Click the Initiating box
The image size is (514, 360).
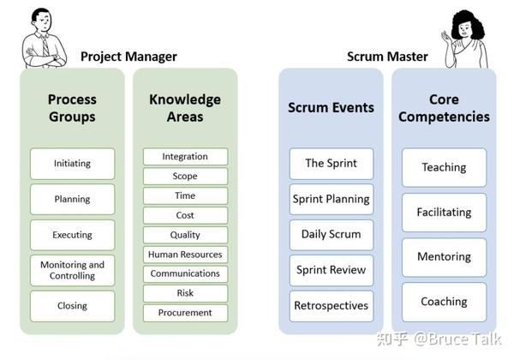[72, 163]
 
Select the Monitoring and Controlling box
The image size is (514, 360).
[72, 270]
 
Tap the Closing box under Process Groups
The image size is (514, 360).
[72, 306]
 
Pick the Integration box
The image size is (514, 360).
[185, 157]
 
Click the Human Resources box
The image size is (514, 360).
[185, 255]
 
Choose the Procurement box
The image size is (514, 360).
[185, 313]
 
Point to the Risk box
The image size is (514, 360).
[185, 293]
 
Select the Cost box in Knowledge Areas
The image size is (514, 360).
[185, 215]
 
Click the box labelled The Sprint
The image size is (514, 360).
[332, 163]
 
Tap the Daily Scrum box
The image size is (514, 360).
[332, 234]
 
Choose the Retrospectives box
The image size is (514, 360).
[332, 305]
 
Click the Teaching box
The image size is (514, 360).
[444, 167]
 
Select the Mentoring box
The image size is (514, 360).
[444, 256]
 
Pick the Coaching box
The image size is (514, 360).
[444, 302]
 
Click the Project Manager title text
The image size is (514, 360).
[128, 57]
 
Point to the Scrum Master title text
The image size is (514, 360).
[387, 57]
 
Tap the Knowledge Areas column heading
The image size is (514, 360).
[185, 108]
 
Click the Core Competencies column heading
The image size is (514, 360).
[444, 108]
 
